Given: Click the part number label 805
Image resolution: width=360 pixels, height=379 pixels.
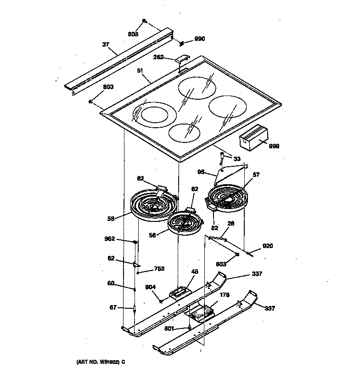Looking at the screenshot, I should click(x=133, y=34).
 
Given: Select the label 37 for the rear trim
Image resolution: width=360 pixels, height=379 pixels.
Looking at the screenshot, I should click(x=106, y=45).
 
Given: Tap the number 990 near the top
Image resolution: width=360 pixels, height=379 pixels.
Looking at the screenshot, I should click(x=200, y=39).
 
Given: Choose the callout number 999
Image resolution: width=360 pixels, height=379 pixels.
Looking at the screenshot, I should click(x=274, y=146).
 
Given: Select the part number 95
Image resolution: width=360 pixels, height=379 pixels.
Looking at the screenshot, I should click(x=201, y=172).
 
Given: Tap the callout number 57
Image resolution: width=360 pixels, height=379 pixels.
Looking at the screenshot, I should click(x=256, y=175).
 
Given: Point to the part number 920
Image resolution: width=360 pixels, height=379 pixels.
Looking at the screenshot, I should click(x=267, y=246).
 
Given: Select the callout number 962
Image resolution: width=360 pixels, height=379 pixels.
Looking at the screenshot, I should click(x=110, y=239).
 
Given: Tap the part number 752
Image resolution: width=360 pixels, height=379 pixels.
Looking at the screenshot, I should click(x=159, y=269).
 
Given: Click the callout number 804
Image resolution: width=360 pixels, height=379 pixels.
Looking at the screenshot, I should click(x=151, y=287).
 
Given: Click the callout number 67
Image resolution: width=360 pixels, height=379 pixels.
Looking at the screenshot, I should click(x=112, y=307).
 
